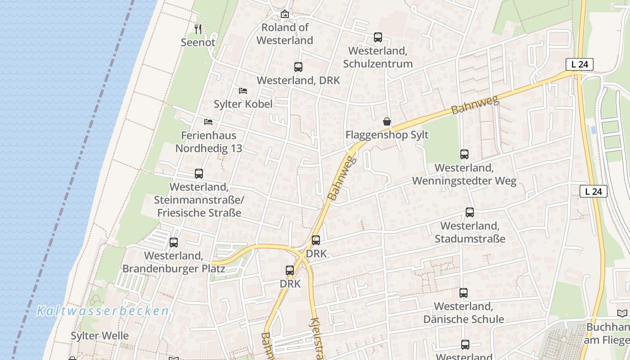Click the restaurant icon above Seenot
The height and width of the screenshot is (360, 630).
198,29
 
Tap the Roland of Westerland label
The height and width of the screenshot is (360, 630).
285,34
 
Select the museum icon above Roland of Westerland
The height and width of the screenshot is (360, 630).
284,14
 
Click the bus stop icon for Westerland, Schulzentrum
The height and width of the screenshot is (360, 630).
378,37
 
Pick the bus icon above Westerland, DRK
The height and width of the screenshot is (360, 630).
298,67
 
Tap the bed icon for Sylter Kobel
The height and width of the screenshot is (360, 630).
243,90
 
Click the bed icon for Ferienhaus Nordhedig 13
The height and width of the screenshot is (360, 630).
208,121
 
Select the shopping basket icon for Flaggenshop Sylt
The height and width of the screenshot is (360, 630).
387,121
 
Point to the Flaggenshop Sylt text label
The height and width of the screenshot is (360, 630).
387,135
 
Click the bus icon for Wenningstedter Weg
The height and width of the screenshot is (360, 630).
464,154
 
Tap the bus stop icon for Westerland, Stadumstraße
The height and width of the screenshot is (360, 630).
470,212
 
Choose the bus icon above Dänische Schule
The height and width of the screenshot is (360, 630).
463,293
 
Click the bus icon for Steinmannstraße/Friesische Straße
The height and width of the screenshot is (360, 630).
199,174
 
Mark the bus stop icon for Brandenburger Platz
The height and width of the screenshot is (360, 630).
174,243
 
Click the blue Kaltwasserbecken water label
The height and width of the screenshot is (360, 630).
103,311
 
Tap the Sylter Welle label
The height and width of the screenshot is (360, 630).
99,336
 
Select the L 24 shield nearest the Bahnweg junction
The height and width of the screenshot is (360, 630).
580,64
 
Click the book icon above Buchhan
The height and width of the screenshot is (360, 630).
622,314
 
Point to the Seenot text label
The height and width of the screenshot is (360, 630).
198,42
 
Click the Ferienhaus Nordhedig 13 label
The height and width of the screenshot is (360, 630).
208,142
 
